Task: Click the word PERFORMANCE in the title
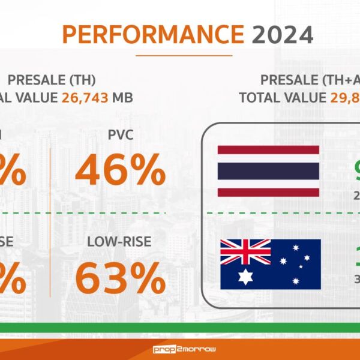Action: (x=154, y=35)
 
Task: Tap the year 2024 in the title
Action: (x=283, y=35)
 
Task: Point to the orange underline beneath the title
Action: (x=184, y=55)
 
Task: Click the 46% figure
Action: (x=120, y=170)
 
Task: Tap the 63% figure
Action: (x=120, y=278)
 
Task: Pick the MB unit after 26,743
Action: (x=122, y=97)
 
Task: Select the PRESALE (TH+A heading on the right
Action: (x=310, y=80)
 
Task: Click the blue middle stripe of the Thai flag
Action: (x=268, y=171)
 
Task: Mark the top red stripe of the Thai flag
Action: (x=268, y=149)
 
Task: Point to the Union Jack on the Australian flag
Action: (x=245, y=251)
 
